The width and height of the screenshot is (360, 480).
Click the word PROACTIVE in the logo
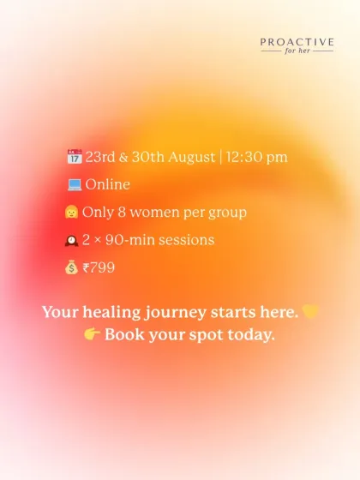pos(297,41)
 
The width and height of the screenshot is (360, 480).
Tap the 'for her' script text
pos(297,51)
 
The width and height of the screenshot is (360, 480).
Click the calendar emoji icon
pos(73,157)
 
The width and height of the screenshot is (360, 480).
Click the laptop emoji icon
pos(73,184)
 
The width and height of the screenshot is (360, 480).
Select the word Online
pos(107,184)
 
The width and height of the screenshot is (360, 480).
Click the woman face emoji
pos(72,212)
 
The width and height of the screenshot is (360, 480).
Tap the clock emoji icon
pos(72,240)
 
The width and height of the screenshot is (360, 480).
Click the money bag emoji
pos(72,268)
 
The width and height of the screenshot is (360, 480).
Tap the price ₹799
pos(99,268)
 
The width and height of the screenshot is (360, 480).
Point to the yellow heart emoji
pos(310,312)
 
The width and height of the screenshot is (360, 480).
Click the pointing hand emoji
pos(93,334)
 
